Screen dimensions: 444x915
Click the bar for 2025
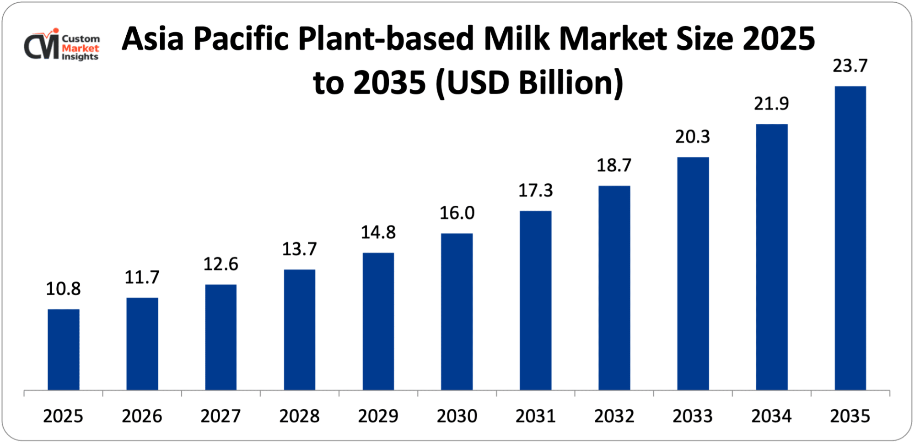[x=64, y=349]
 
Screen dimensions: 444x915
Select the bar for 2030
[x=457, y=312]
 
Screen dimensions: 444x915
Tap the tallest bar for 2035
[x=850, y=238]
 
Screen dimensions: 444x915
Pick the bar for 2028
[x=299, y=329]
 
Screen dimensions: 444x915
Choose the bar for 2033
[x=693, y=274]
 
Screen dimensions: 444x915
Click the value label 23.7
[x=850, y=66]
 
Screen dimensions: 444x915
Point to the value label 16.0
[x=457, y=213]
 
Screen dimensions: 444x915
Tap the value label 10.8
[x=63, y=289]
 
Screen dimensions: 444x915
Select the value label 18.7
[x=614, y=165]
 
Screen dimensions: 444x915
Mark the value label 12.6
[x=221, y=264]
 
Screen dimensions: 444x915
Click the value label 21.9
[x=771, y=104]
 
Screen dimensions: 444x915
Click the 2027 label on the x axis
[x=221, y=416]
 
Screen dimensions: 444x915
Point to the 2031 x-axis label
[x=535, y=416]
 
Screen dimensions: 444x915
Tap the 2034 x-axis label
[x=771, y=416]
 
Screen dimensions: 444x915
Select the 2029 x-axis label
[x=378, y=416]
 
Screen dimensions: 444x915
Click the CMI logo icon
[x=42, y=45]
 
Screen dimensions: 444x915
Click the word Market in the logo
[x=81, y=48]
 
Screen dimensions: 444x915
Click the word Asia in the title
[x=152, y=38]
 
